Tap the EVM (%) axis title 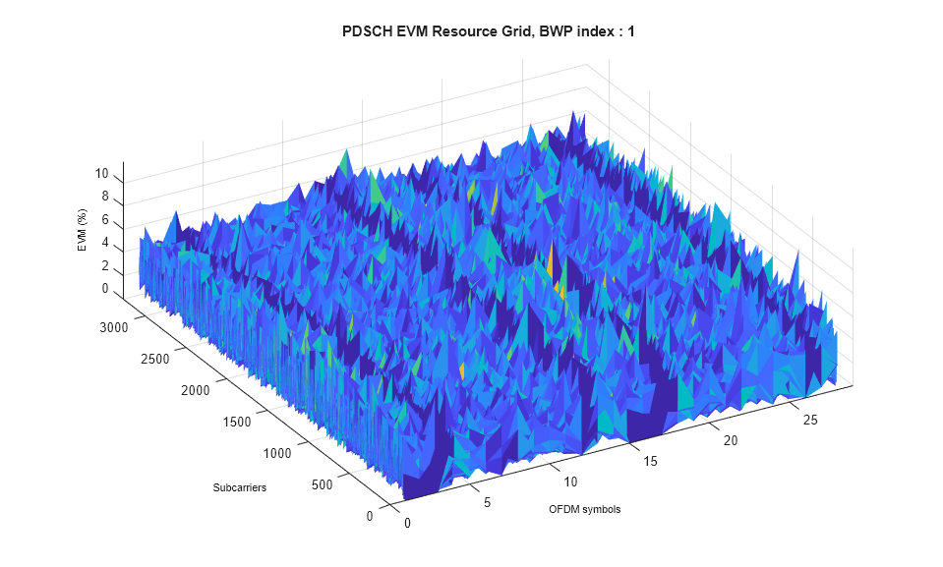point(83,234)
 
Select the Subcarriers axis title point(239,487)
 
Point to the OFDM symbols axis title point(584,509)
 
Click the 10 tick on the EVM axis point(101,174)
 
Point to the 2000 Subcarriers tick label point(197,391)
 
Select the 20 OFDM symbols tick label point(731,441)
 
